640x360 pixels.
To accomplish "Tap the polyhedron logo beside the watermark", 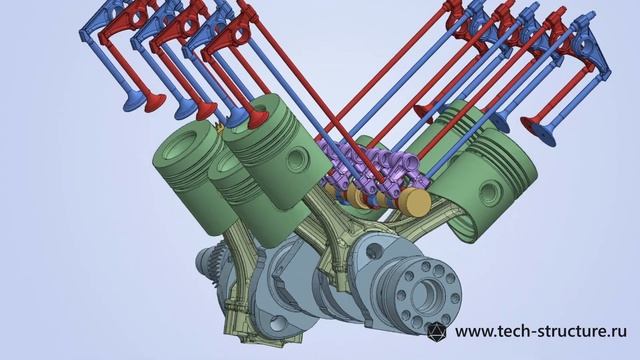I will click(x=436, y=331).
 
